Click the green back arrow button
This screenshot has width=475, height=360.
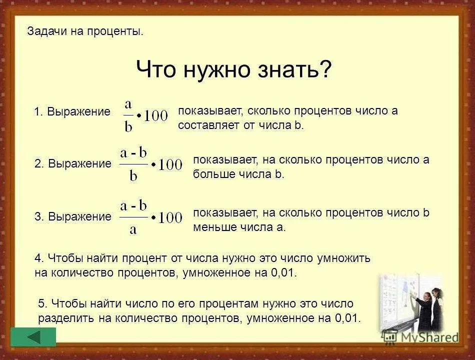click(33, 336)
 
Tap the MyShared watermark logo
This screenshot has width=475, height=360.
click(420, 337)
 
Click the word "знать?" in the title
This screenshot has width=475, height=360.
click(295, 69)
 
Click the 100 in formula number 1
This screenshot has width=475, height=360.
click(155, 116)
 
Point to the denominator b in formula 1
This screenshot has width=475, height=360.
click(128, 126)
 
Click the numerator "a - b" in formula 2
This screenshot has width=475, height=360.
click(133, 152)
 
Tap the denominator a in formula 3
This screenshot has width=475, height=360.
click(133, 230)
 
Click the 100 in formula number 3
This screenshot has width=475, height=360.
click(170, 217)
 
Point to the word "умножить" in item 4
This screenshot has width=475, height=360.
click(343, 258)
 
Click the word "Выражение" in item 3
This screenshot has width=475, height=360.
click(79, 216)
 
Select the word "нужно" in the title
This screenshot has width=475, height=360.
click(216, 70)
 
